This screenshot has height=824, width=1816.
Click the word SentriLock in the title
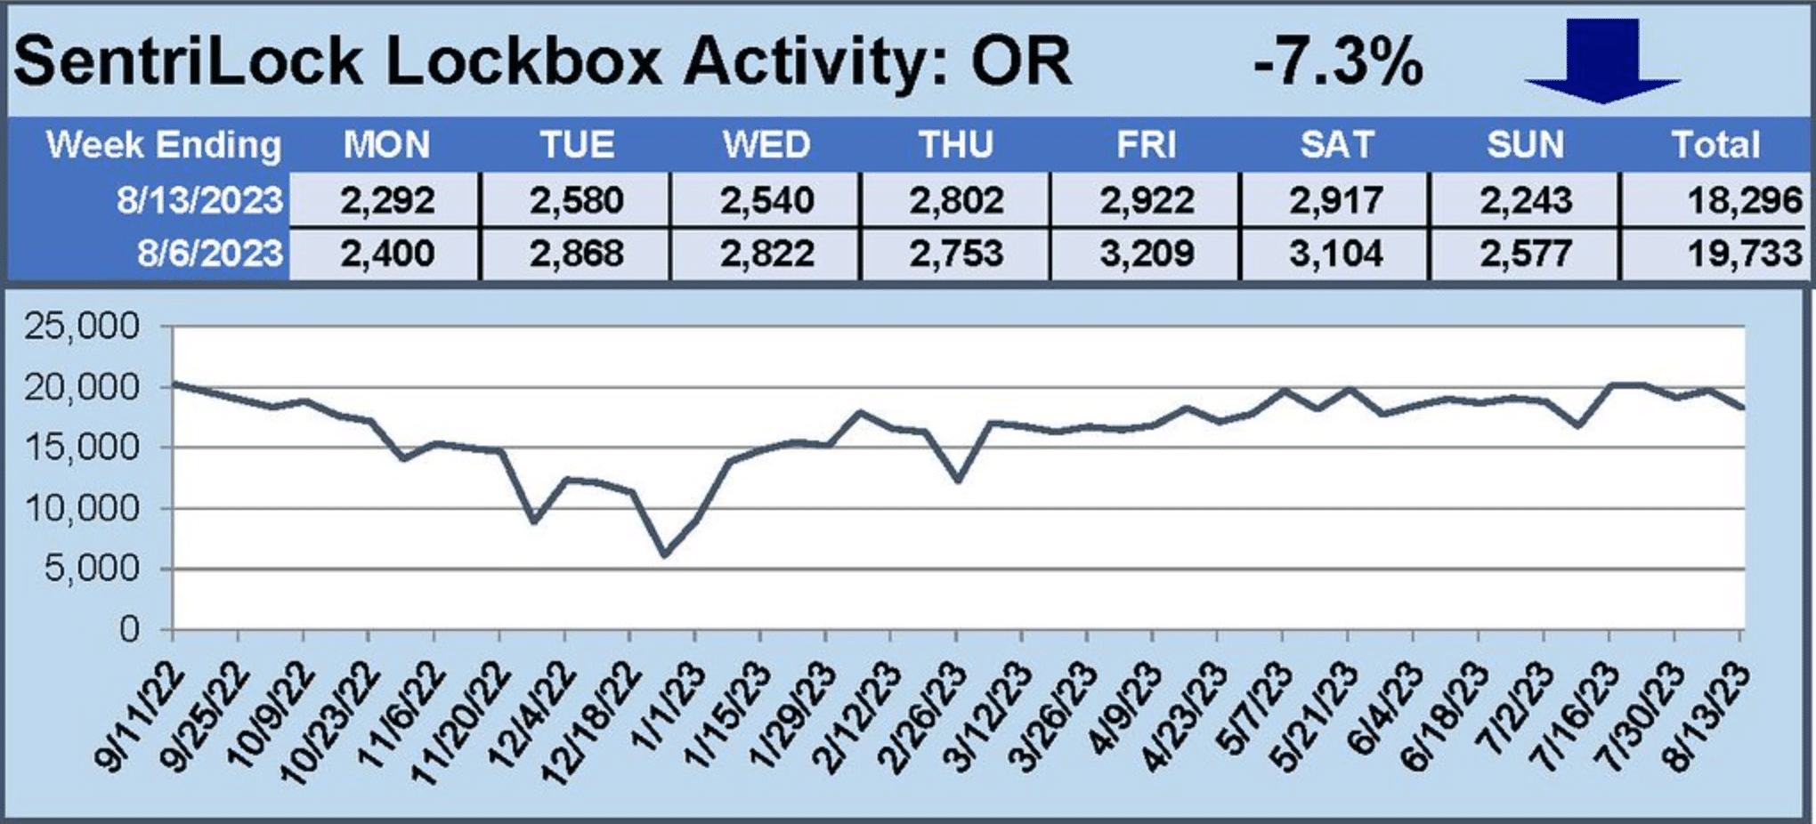pos(188,62)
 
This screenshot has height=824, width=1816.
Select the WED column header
pos(766,145)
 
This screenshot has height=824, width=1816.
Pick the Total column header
pos(1715,145)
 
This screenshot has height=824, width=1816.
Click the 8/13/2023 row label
pos(199,200)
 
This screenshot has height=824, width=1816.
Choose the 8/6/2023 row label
pos(210,254)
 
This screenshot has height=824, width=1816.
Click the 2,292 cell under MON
pos(387,200)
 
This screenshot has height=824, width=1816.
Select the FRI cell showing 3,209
pos(1146,254)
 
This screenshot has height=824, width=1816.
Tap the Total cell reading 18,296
pos(1744,200)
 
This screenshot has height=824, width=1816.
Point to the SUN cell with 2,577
pos(1525,254)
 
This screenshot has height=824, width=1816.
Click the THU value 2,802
pos(956,200)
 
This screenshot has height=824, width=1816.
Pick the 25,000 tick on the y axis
pos(82,327)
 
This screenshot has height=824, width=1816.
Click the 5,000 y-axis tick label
pos(93,569)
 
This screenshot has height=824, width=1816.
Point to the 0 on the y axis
pos(130,629)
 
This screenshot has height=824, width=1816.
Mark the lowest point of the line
pos(665,554)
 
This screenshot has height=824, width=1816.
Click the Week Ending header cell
pos(163,145)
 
